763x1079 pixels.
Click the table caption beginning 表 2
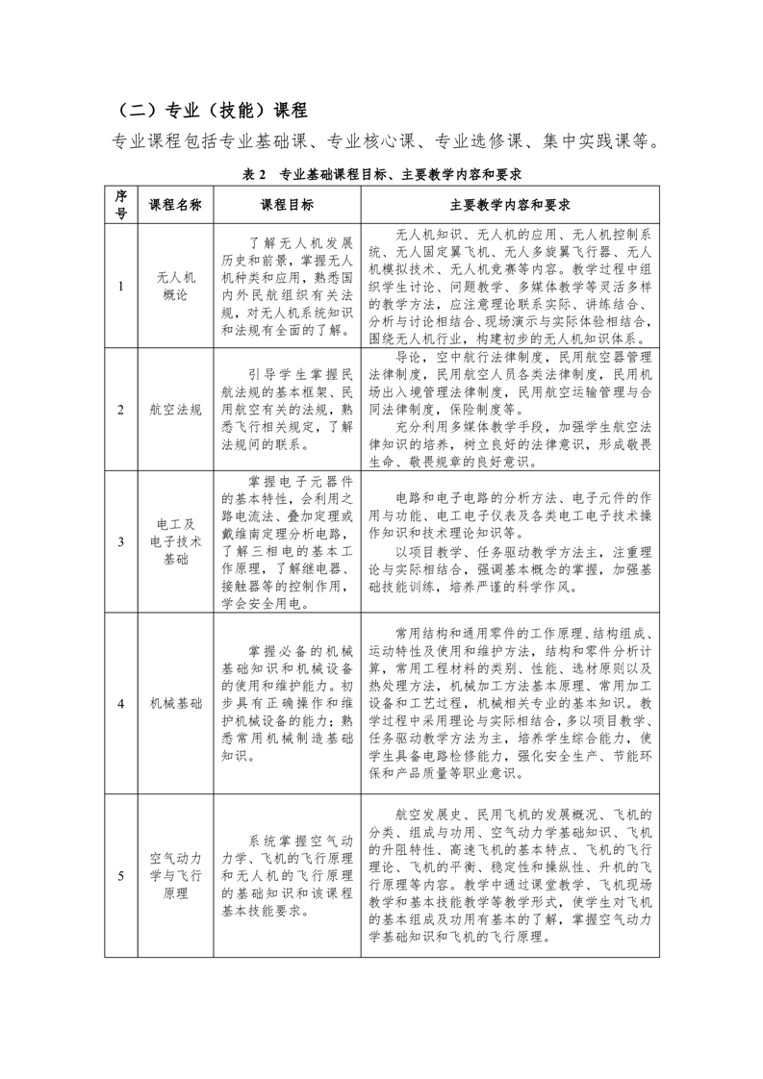coord(383,174)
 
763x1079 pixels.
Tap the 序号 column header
coord(121,205)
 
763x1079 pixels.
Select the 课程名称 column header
coord(175,205)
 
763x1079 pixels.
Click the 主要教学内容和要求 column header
coord(510,205)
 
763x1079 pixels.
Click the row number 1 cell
coord(121,286)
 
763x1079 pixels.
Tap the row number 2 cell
coord(121,409)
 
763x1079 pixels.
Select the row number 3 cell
coord(121,541)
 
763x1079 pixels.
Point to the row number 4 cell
coord(121,703)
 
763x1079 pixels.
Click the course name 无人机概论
coord(175,286)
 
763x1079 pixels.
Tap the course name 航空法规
coord(175,409)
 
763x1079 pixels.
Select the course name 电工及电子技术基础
coord(175,541)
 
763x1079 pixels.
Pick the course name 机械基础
coord(175,703)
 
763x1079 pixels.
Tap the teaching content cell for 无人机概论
coord(510,286)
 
